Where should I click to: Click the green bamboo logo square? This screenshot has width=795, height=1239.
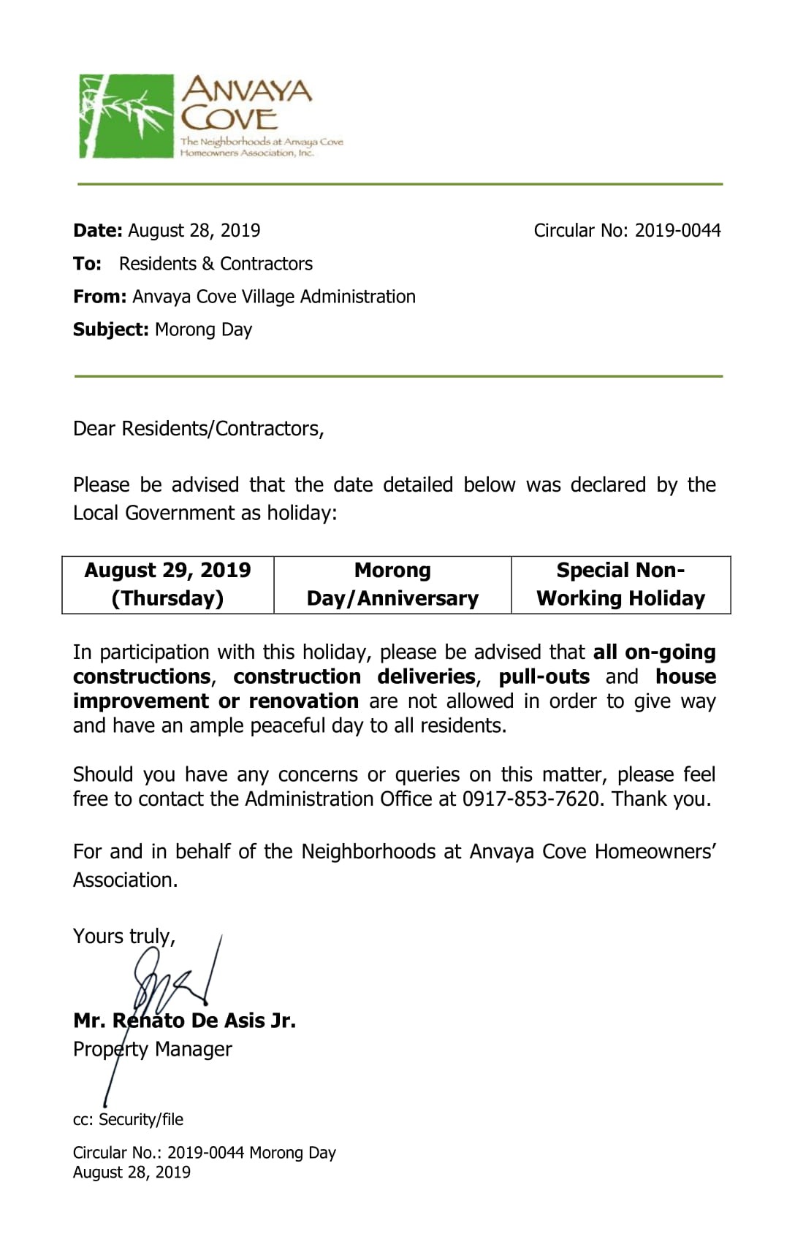click(x=126, y=115)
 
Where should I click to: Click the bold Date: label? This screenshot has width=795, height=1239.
click(x=98, y=231)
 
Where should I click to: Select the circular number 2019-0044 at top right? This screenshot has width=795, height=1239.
click(x=677, y=231)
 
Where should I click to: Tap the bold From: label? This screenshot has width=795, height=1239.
click(x=100, y=297)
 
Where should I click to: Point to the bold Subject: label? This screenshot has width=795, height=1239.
click(x=110, y=329)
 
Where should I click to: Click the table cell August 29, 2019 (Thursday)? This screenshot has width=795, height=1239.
click(x=167, y=584)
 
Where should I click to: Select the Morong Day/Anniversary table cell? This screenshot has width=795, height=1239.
click(x=392, y=584)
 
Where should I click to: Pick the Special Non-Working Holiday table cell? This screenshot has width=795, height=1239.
click(x=620, y=584)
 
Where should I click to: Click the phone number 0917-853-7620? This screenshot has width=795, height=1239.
click(x=530, y=799)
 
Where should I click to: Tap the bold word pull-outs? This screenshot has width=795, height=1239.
click(x=544, y=677)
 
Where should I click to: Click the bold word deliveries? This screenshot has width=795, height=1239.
click(x=426, y=677)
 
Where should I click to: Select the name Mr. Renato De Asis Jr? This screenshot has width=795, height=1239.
click(x=184, y=1021)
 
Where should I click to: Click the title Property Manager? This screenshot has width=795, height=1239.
click(x=152, y=1050)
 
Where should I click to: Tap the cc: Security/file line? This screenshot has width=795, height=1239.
click(x=128, y=1120)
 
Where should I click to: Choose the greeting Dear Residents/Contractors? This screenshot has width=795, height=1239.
click(x=198, y=429)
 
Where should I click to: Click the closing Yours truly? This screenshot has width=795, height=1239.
click(x=123, y=937)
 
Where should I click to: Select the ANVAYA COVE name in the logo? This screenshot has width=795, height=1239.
click(x=246, y=104)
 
